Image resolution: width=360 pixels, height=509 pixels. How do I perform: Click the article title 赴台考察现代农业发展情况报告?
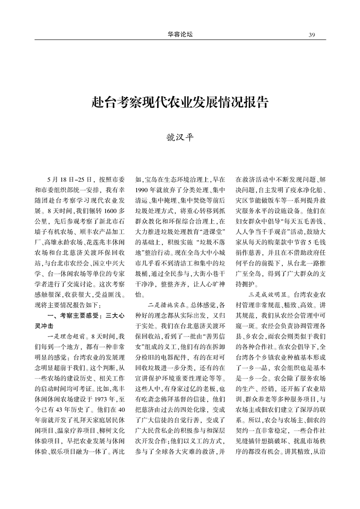(x=180, y=102)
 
